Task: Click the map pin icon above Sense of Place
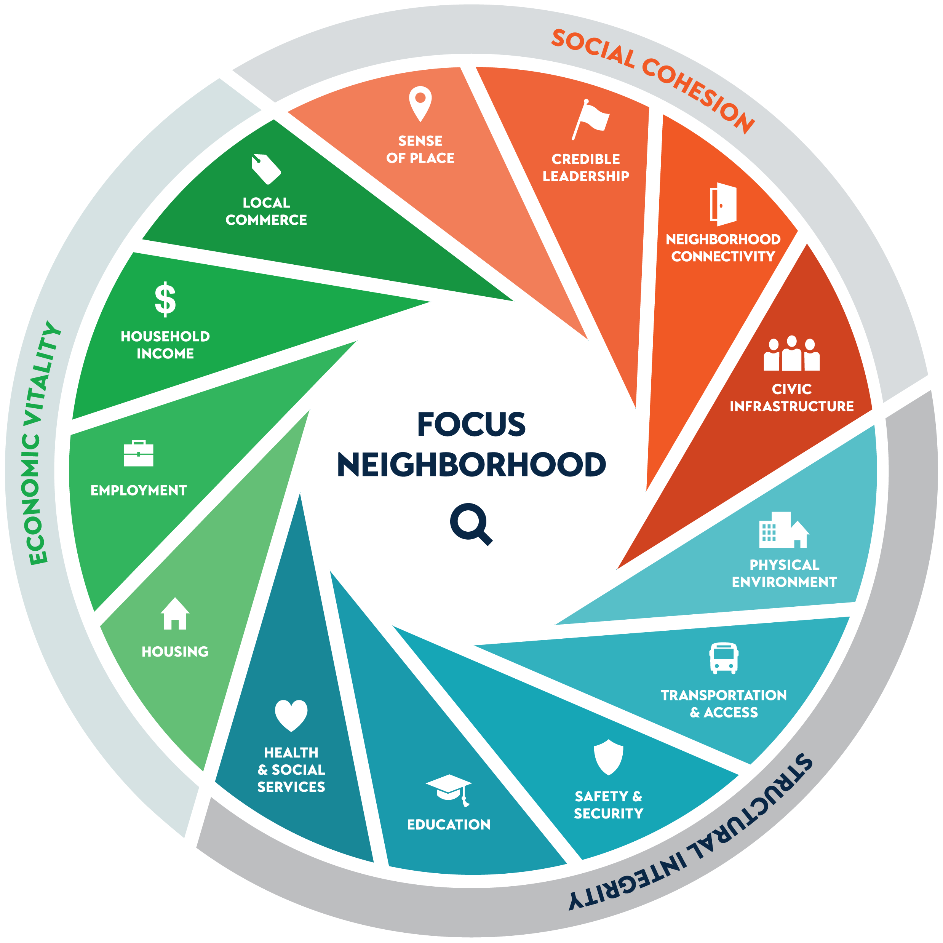click(420, 103)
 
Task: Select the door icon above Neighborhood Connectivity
click(723, 204)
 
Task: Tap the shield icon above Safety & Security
click(608, 758)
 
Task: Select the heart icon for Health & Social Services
click(291, 716)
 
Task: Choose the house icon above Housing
click(175, 614)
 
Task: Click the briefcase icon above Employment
click(139, 454)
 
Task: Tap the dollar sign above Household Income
click(165, 299)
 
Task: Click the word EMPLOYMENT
click(139, 491)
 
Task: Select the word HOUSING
click(175, 652)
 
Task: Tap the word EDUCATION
click(449, 825)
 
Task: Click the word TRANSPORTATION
click(723, 695)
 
